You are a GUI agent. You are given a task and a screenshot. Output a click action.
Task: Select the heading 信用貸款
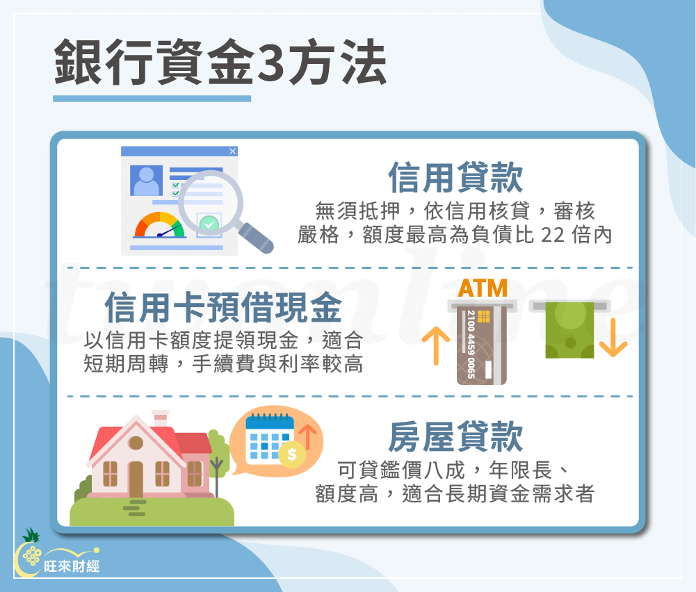coord(455,178)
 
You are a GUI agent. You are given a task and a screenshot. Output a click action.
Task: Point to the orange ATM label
coord(483,288)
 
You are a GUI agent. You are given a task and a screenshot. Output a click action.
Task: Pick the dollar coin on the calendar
coord(291,455)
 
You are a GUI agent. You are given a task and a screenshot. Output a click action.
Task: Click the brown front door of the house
coord(136,479)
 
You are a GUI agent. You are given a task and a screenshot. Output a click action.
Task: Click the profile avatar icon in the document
coord(146,181)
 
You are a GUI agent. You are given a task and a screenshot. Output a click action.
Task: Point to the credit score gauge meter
coord(160,226)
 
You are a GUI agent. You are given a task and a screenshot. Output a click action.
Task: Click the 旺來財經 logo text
coord(72,566)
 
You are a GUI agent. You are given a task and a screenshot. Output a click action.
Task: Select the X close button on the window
coord(232,151)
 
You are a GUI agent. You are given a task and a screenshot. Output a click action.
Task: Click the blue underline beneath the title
coord(152,99)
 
